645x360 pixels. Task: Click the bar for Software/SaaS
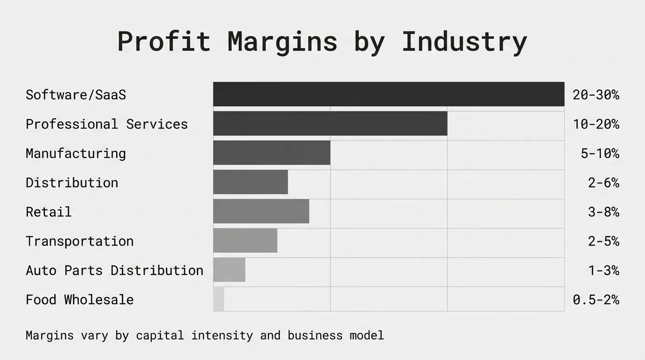tap(389, 94)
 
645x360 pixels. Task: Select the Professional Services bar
tap(330, 124)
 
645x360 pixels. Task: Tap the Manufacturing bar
tap(271, 153)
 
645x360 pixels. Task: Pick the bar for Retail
tap(261, 211)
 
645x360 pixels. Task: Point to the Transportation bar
tap(245, 240)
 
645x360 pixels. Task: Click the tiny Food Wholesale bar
tap(218, 299)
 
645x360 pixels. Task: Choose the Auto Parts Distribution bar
tap(229, 270)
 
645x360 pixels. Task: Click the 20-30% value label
tap(596, 95)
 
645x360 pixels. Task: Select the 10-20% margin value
tap(596, 124)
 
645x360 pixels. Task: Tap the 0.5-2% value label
tap(596, 300)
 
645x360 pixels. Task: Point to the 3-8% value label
tap(603, 212)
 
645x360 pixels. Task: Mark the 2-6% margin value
tap(603, 183)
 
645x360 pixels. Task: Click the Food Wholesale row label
tap(80, 300)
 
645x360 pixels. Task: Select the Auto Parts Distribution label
tap(114, 270)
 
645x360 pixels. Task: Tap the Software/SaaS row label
tap(76, 95)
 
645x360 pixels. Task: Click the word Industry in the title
tap(464, 42)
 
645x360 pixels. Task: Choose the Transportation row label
tap(80, 241)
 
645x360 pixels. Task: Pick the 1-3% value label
tap(603, 270)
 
